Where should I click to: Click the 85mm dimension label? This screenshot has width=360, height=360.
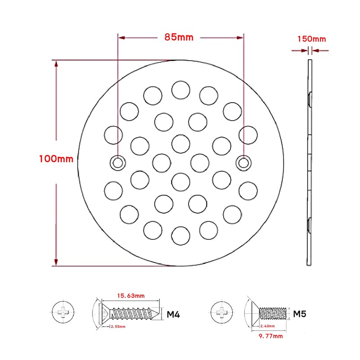coord(179,37)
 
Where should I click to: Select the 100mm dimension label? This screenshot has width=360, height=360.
coord(56,159)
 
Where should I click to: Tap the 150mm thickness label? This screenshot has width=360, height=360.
coord(311,39)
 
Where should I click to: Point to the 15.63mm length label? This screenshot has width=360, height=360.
coord(130,296)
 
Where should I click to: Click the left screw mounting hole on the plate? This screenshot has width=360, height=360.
coord(117,163)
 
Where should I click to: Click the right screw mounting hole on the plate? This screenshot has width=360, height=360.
coord(243,163)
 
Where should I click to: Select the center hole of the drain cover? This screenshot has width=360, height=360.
coord(180,181)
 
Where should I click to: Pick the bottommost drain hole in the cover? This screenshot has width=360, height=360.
coord(180,235)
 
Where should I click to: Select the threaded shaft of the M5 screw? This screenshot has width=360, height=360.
coord(274,312)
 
